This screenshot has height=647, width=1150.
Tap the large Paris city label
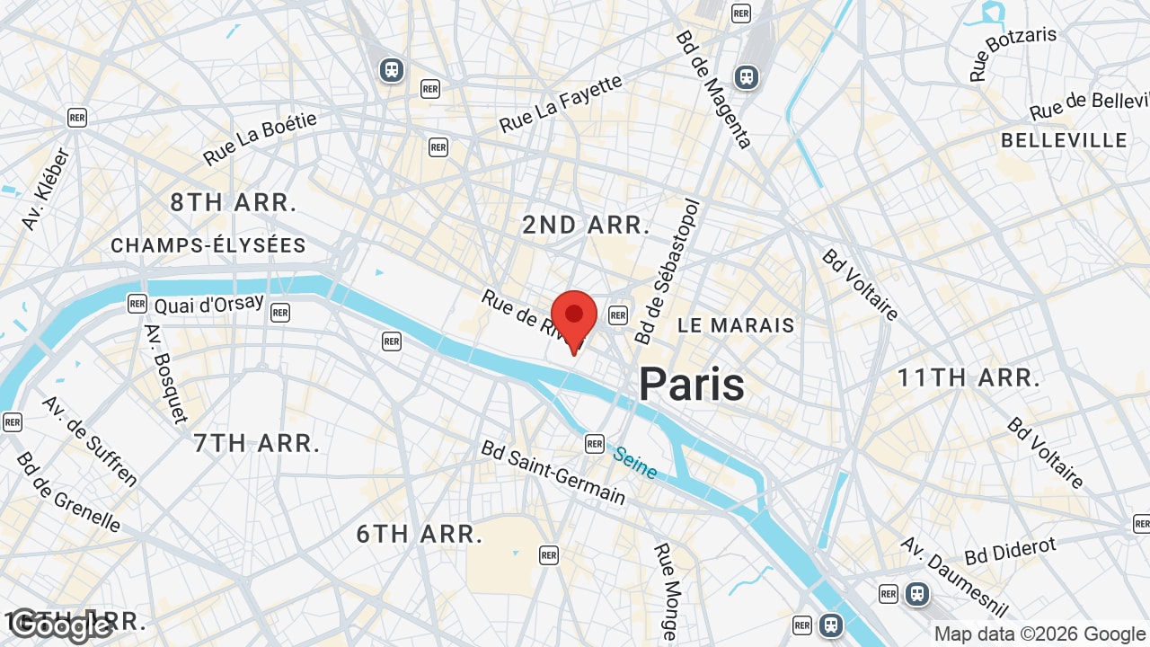pyautogui.click(x=692, y=385)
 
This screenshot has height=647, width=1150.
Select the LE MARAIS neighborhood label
pyautogui.click(x=736, y=325)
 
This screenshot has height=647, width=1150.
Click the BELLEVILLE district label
pyautogui.click(x=1064, y=140)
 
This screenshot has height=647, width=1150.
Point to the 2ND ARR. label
pyautogui.click(x=587, y=226)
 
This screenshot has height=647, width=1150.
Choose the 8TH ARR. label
pyautogui.click(x=234, y=203)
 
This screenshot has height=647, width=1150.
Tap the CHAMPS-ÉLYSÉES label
pyautogui.click(x=208, y=245)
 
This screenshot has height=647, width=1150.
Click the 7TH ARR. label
pyautogui.click(x=257, y=443)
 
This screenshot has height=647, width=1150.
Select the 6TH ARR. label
pyautogui.click(x=420, y=534)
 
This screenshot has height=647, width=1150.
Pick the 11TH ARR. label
pyautogui.click(x=969, y=378)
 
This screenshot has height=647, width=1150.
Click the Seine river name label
pyautogui.click(x=635, y=462)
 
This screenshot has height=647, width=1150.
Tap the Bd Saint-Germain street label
pyautogui.click(x=553, y=472)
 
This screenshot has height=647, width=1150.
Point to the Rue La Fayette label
pyautogui.click(x=561, y=104)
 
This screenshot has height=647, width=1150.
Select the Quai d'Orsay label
pyautogui.click(x=209, y=305)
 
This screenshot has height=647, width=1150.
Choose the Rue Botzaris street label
pyautogui.click(x=1013, y=54)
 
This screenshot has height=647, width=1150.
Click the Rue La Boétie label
pyautogui.click(x=260, y=138)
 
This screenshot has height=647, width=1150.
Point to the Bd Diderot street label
pyautogui.click(x=1011, y=550)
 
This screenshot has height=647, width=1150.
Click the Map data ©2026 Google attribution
pyautogui.click(x=1039, y=634)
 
